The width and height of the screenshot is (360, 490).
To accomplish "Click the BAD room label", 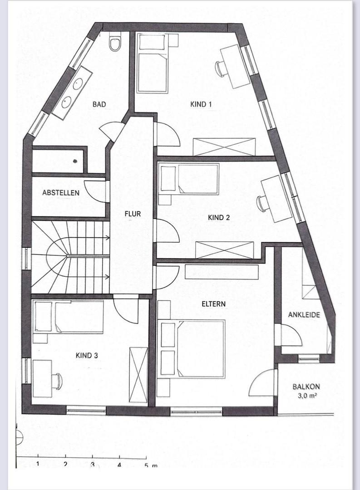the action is tap(99, 104).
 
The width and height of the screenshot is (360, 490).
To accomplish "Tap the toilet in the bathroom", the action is tap(114, 43).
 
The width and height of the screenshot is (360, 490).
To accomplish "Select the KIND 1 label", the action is tap(201, 104).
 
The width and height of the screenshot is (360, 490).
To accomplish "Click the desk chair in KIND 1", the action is tap(220, 69).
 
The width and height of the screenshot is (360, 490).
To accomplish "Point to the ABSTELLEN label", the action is tap(61, 193).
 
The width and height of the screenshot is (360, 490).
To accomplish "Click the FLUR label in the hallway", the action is tap(133, 214).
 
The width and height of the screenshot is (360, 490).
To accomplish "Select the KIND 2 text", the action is tap(219, 217).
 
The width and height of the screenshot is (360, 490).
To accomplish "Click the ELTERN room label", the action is tap(214, 304).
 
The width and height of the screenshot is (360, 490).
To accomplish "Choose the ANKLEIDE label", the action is tap(304, 315).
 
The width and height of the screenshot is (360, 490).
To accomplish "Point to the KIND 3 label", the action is tap(87, 356).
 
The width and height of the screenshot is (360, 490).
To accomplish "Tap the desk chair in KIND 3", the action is tap(57, 381).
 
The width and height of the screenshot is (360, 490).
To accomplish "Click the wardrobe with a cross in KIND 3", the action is tap(138, 375).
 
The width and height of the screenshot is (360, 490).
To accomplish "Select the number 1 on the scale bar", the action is tap(38, 464).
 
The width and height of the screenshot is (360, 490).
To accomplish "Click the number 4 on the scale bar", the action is tap(119, 465).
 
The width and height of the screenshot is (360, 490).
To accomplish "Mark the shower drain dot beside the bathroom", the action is tap(75, 161).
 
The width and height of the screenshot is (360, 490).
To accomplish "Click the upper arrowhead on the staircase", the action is tap(107, 237).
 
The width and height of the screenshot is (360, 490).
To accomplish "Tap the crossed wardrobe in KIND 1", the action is tap(224, 147).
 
